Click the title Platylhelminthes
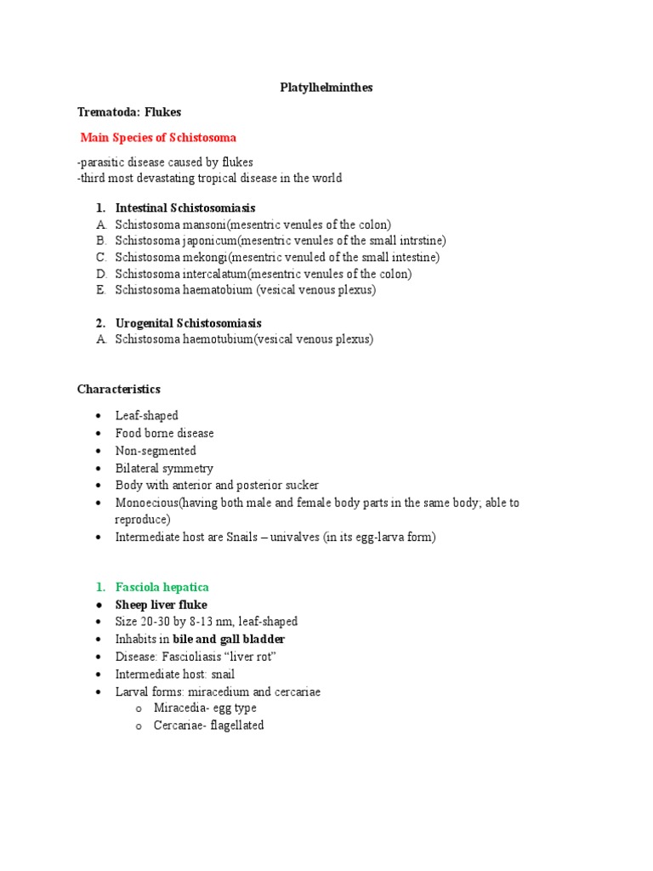coord(326,88)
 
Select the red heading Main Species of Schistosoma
coord(158,137)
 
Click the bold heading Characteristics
coord(118,389)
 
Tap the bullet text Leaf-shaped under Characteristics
coord(147,416)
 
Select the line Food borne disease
coord(165,433)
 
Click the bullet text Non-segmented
coord(156,451)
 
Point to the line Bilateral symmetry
coord(164,468)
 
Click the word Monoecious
coord(146,503)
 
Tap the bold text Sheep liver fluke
coord(162,605)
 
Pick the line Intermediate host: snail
coord(175,675)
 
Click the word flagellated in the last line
coord(237,726)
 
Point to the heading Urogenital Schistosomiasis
coord(189,323)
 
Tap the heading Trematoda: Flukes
coord(129,112)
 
